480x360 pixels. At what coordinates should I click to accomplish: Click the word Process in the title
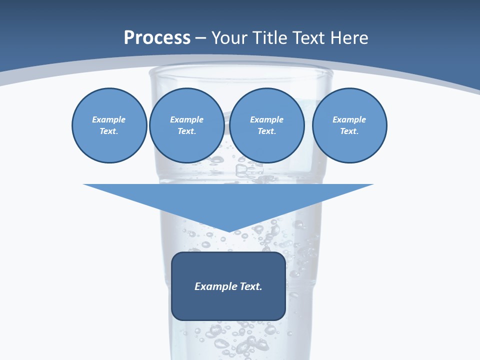coord(157,38)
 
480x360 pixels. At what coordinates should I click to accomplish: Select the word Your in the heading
coord(230,38)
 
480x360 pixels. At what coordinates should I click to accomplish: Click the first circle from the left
coord(109,125)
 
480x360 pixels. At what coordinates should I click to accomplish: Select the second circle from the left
coord(187,125)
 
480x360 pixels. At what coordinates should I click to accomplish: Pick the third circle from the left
coord(267,125)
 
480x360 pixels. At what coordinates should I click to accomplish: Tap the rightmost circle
coord(349,125)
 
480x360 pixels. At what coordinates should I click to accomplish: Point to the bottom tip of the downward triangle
coord(228,231)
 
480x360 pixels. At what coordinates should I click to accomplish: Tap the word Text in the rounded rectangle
coord(251,286)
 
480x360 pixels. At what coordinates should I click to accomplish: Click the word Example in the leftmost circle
coord(109,120)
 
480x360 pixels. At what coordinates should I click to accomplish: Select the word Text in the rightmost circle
coord(349,131)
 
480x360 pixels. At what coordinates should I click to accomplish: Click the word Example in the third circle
coord(267,120)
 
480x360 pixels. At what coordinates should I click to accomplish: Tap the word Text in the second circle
coord(186,131)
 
